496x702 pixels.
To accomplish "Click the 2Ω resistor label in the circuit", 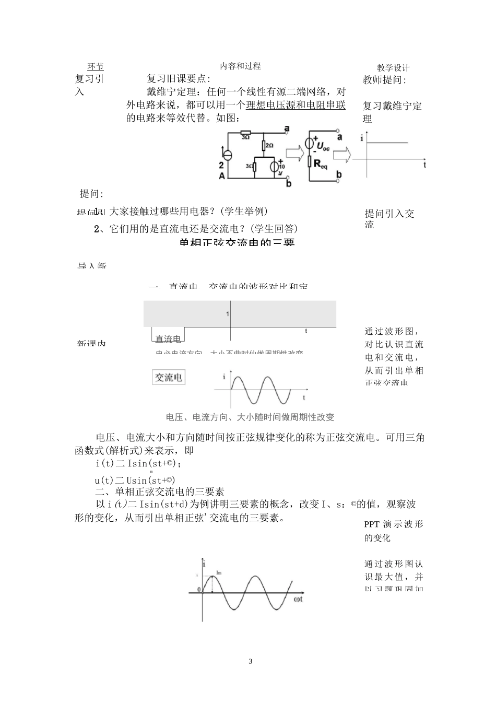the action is (x=269, y=146).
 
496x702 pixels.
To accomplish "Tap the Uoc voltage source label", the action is (x=323, y=145).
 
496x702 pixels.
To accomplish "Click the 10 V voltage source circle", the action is (x=275, y=167).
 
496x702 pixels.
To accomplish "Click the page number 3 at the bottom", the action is (x=250, y=661).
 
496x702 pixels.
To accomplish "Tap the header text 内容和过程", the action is (x=240, y=66).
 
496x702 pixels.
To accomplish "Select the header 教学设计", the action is (x=393, y=68).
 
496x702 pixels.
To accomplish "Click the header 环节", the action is (x=96, y=67).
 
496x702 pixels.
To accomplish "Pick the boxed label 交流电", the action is (x=168, y=377).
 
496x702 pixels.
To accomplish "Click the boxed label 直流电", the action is (x=168, y=339).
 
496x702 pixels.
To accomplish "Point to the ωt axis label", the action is (x=298, y=599).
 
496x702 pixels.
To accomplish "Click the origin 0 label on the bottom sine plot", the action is (x=198, y=590).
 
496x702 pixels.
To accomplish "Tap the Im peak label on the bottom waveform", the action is (x=219, y=573).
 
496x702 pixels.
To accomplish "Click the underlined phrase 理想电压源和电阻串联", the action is (x=296, y=105).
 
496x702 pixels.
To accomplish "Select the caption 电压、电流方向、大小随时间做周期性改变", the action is (x=250, y=417).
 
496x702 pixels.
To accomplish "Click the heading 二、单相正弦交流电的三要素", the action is (x=159, y=492).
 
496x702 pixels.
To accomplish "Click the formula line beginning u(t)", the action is (x=135, y=480).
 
